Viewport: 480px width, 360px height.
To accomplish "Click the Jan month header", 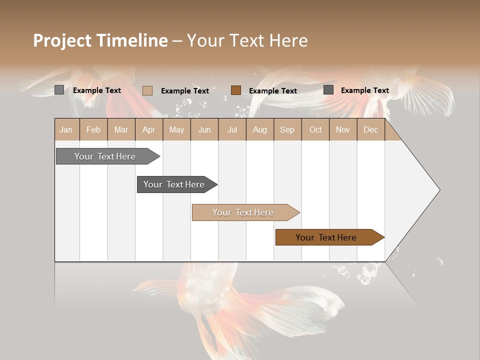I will click(x=66, y=129).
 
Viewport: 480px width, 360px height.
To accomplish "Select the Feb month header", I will click(x=93, y=129).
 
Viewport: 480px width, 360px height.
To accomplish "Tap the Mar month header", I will click(x=121, y=129).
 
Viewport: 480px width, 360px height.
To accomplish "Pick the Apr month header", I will click(x=149, y=129).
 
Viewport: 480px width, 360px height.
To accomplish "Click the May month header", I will click(x=176, y=129).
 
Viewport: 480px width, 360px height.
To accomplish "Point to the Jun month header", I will click(x=204, y=129).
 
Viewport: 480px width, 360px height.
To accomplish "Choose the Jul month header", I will click(x=232, y=129).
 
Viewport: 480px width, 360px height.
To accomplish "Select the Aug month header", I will click(x=260, y=129).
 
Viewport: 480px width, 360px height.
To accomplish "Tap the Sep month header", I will click(x=287, y=129).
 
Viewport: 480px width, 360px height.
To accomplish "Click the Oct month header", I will click(x=315, y=129).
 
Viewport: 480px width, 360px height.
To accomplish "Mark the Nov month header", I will click(x=343, y=129).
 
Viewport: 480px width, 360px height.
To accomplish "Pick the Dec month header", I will click(x=371, y=129).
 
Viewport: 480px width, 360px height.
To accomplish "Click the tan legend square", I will click(x=147, y=90).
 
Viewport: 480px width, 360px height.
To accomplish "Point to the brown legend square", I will click(x=236, y=90).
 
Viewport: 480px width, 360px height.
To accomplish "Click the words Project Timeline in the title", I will click(x=100, y=40).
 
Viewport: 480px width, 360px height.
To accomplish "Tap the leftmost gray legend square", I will click(x=59, y=90).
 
